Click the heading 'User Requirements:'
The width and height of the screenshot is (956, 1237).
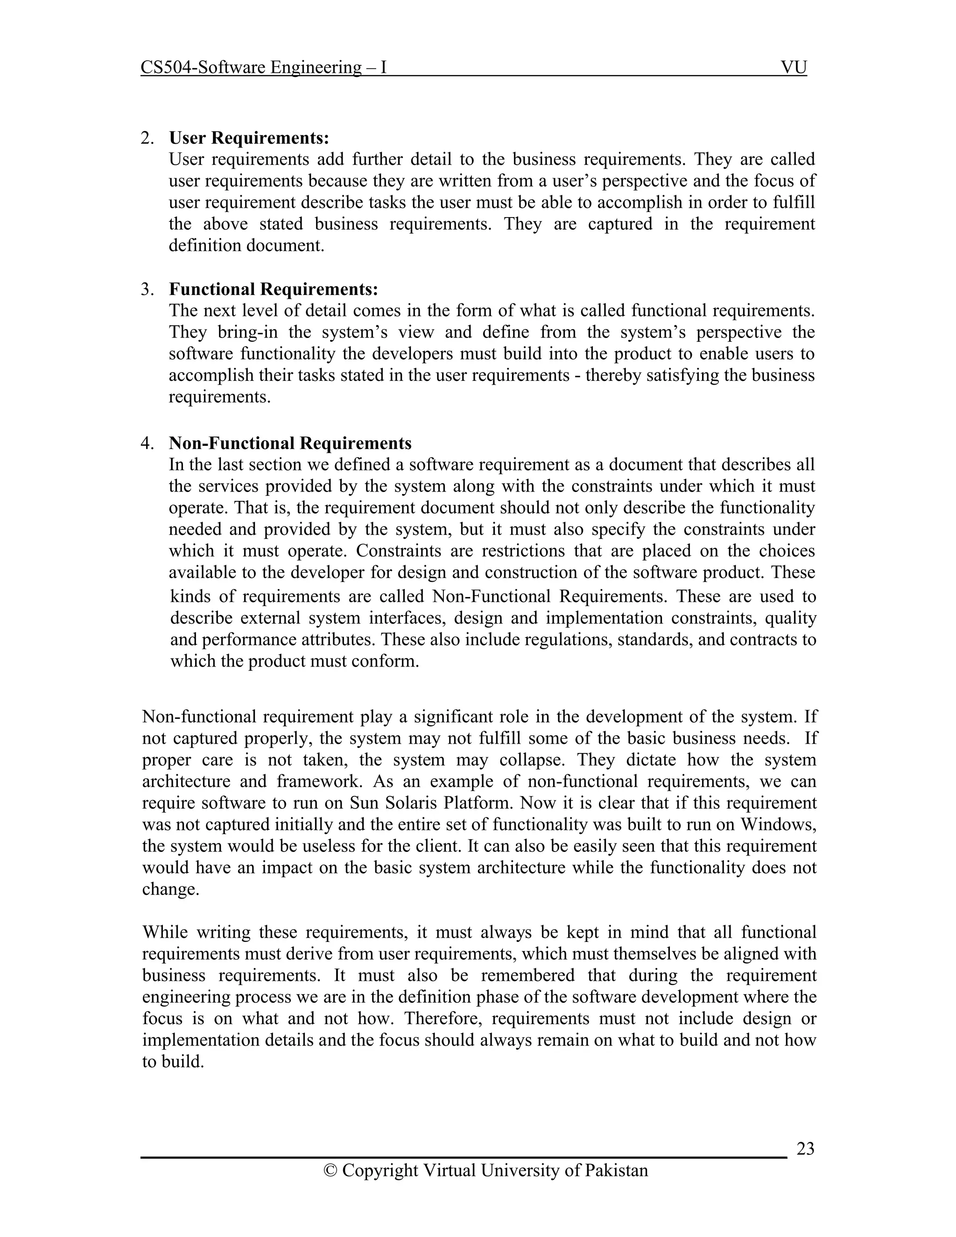249,138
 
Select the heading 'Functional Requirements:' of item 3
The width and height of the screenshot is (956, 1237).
273,289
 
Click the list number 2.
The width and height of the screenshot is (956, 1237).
147,138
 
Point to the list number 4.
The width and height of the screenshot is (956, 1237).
147,443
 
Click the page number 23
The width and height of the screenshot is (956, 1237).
805,1149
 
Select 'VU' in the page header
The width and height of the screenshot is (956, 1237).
794,67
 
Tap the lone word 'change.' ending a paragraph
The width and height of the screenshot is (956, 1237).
170,889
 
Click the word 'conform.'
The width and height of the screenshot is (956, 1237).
389,661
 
